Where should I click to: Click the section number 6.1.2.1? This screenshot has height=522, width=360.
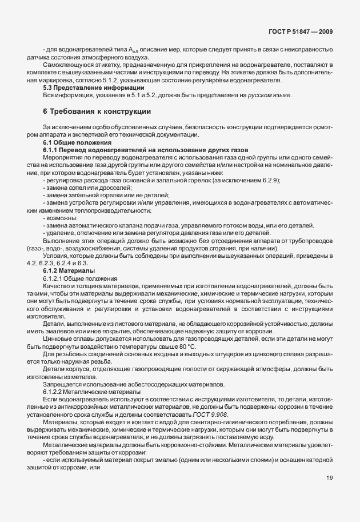click(53, 277)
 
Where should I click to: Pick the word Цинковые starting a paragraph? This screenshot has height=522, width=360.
click(58, 338)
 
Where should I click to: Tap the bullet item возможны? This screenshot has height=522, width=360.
click(61, 218)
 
